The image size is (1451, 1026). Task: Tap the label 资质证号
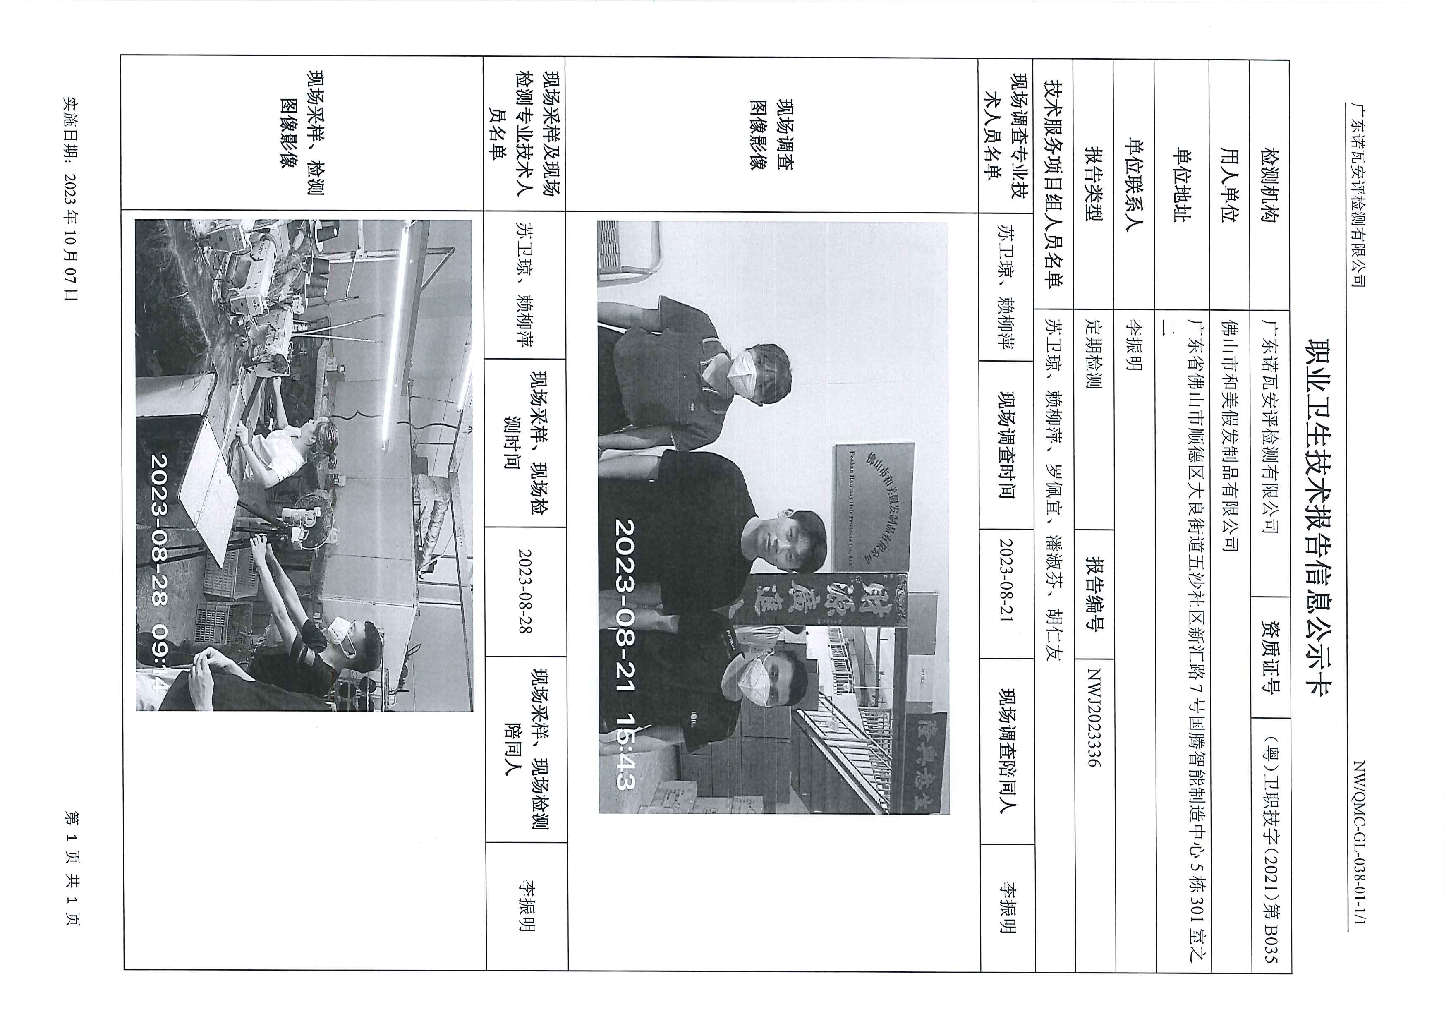click(1270, 657)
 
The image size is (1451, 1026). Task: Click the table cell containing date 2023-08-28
click(526, 591)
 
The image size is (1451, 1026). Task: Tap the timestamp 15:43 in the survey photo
click(626, 752)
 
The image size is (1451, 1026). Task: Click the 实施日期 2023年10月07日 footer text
click(71, 198)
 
